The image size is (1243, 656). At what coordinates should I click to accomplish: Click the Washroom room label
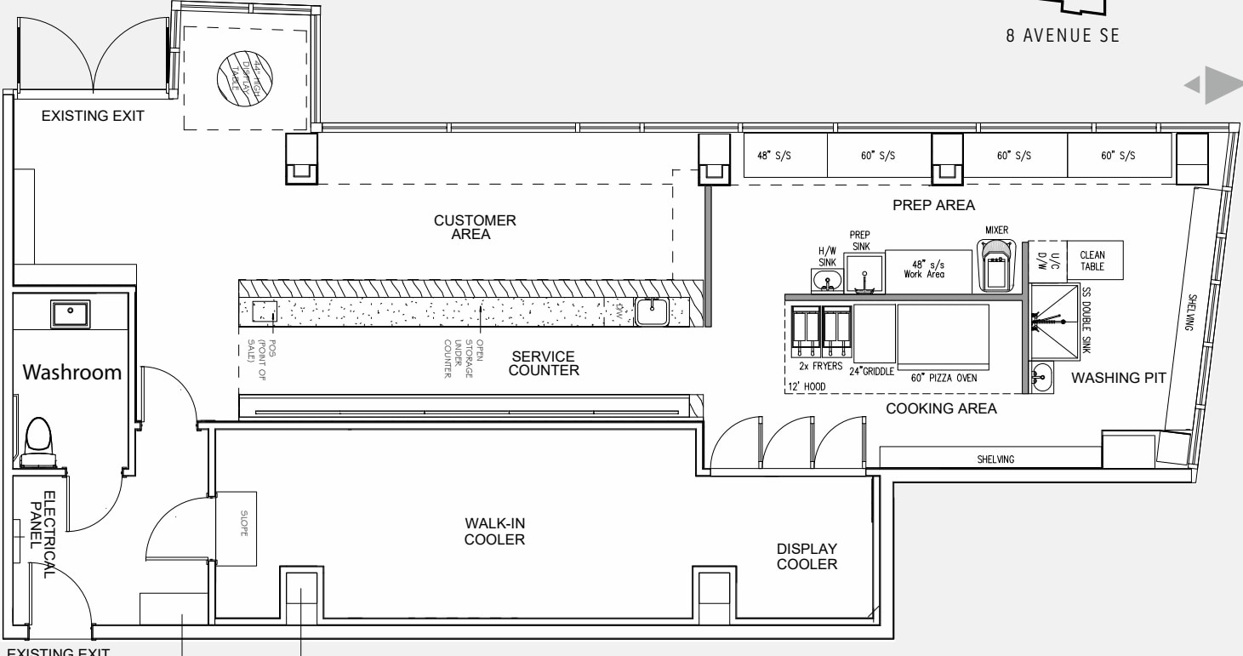pos(71,373)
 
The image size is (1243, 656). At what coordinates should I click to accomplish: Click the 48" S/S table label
pos(784,157)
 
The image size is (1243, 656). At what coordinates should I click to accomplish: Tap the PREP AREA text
pos(933,205)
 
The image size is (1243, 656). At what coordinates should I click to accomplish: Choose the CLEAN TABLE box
pos(1092,260)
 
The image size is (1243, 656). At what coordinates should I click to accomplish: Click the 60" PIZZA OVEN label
pos(944,377)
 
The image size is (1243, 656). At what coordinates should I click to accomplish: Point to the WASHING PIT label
pos(1110,377)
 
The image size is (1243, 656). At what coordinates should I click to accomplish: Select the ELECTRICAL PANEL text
pos(42,534)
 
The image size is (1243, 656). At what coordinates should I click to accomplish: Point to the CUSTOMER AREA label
pos(475,227)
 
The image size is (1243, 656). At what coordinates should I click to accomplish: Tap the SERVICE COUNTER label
pos(545,363)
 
